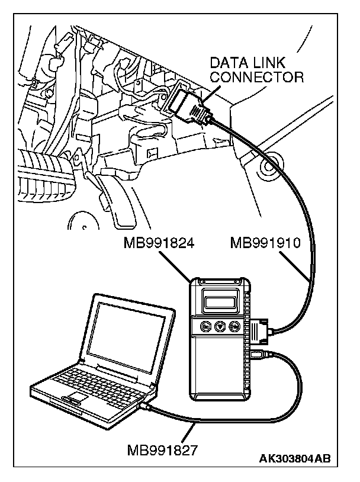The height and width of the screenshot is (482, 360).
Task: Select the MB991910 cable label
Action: click(266, 243)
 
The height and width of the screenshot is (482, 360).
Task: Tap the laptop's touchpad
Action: click(79, 396)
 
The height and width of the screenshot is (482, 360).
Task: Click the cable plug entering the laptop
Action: click(146, 407)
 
